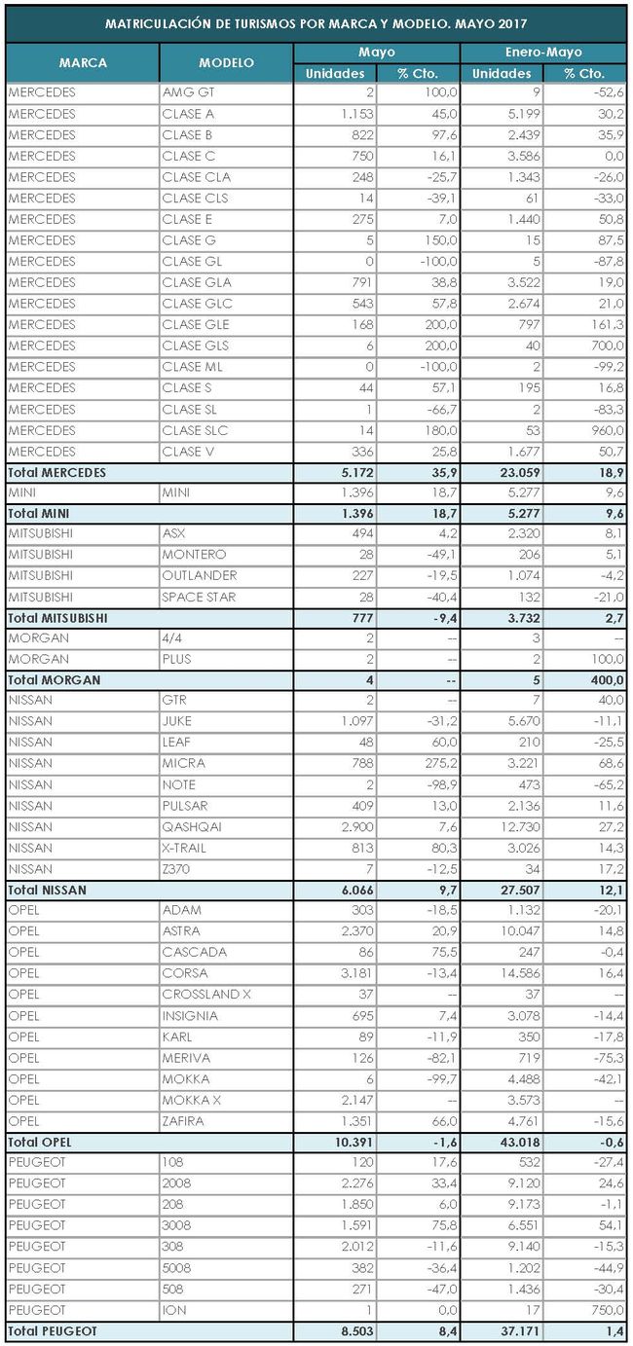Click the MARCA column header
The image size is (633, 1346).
[x=83, y=63]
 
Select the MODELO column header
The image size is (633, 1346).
[x=226, y=63]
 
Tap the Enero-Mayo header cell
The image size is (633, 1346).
[x=542, y=53]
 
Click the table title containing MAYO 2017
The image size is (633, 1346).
[x=316, y=22]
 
